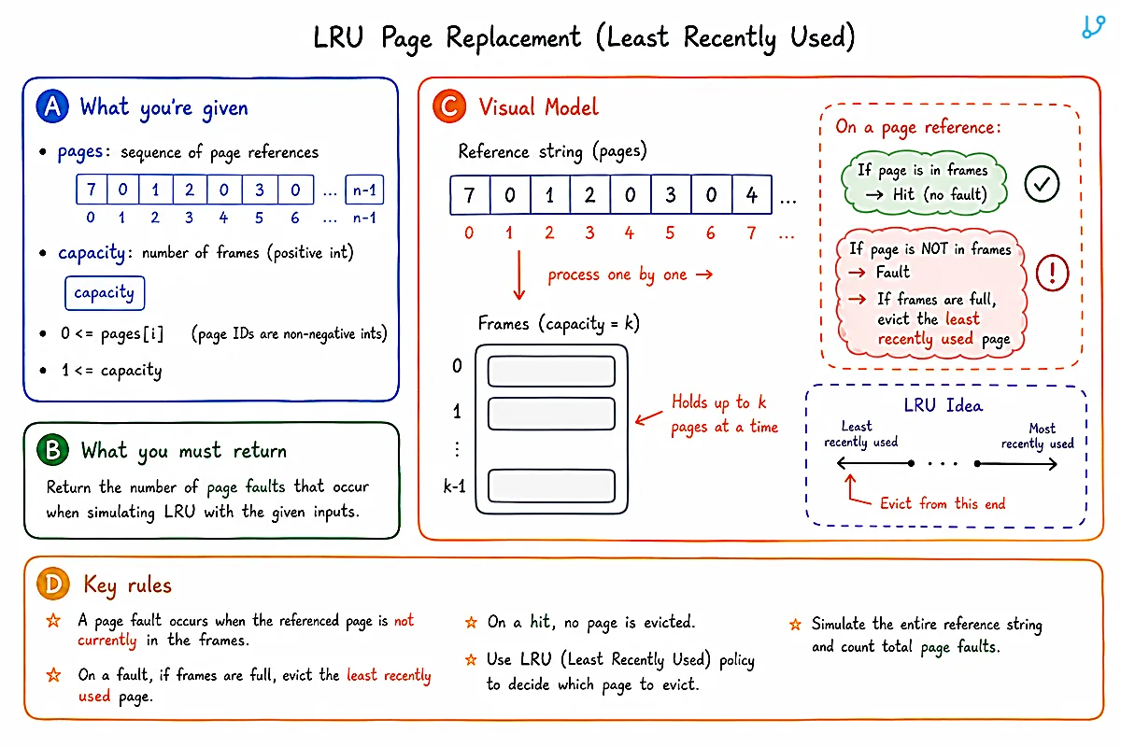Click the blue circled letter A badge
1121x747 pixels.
[x=52, y=106]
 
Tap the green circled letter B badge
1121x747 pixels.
[x=52, y=450]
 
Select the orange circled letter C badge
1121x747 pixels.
[x=449, y=106]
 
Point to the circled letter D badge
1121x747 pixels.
[x=52, y=584]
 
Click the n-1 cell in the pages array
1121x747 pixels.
[x=364, y=190]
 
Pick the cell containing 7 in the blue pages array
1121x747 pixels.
[x=92, y=190]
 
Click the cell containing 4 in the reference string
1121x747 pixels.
[x=752, y=194]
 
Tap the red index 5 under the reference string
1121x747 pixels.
[x=670, y=233]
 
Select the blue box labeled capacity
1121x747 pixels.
[x=105, y=293]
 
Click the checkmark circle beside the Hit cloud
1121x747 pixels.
[x=1042, y=184]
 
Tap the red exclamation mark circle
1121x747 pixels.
[x=1052, y=274]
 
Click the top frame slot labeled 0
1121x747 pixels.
[x=551, y=372]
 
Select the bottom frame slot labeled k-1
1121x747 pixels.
[x=551, y=486]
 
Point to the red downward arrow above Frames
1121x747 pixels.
[x=519, y=275]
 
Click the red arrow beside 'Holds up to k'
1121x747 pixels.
[x=648, y=417]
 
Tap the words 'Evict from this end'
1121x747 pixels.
[x=943, y=503]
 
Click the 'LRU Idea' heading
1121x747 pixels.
[x=943, y=405]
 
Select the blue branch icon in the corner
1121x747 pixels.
[x=1094, y=26]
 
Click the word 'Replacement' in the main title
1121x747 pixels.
[x=514, y=37]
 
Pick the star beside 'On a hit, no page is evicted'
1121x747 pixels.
[x=471, y=622]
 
